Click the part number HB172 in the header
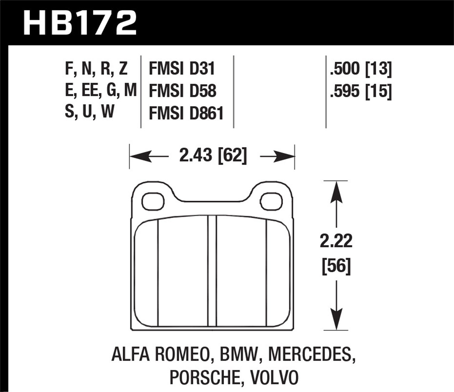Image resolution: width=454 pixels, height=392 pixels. tap(80, 23)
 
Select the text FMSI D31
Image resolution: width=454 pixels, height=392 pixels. tap(182, 69)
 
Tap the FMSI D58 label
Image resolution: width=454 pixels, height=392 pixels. tap(183, 91)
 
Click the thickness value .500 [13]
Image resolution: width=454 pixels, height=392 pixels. tap(361, 69)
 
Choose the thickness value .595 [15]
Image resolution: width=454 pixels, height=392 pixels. tap(361, 91)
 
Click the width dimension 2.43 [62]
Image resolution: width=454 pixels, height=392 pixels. tap(213, 156)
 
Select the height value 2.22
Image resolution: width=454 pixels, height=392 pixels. tap(336, 241)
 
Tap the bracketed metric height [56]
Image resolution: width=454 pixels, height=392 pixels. tap(336, 266)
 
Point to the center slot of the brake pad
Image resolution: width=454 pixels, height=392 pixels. tap(212, 271)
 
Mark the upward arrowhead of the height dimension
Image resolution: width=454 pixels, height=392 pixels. tap(336, 192)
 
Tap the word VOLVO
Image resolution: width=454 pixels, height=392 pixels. tap(274, 377)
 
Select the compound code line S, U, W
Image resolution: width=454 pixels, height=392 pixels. tap(90, 112)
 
